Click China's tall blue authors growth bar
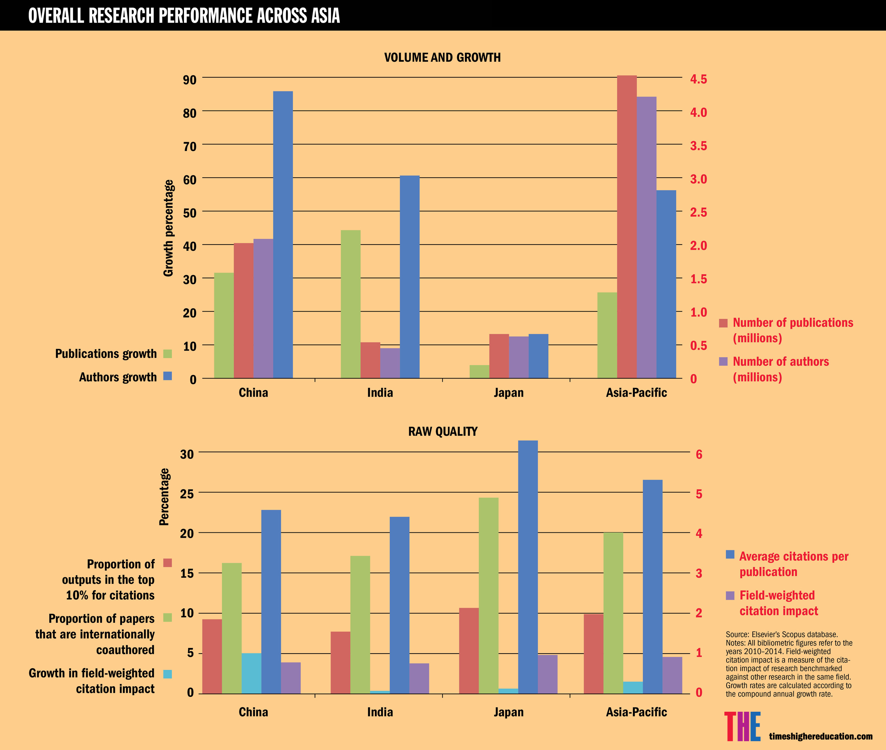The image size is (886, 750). pos(283,234)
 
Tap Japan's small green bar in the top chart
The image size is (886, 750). pos(479,371)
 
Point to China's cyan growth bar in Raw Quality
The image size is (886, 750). pos(251,673)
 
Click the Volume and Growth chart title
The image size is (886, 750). pos(442,57)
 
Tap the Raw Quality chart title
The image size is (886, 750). pos(443,432)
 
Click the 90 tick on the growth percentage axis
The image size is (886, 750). pos(190,80)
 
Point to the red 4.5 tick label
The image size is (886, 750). pos(698,79)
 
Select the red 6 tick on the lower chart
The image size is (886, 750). pos(699,454)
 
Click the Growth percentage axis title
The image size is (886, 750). pos(168,228)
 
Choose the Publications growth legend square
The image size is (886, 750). pos(168,354)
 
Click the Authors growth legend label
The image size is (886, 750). pos(118,377)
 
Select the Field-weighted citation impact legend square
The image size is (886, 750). pos(730,595)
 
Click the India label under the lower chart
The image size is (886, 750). pos(380,712)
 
